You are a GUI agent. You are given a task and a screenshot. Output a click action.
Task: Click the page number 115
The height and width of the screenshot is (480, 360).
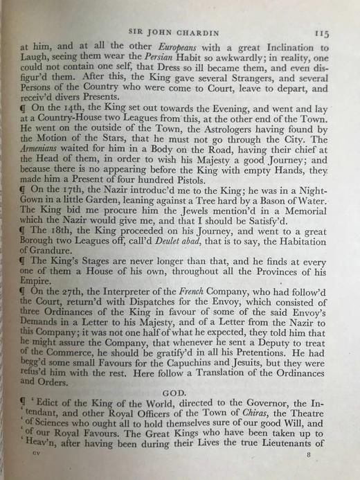[321, 32]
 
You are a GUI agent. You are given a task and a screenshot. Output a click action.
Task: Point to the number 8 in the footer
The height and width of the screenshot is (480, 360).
[311, 473]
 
